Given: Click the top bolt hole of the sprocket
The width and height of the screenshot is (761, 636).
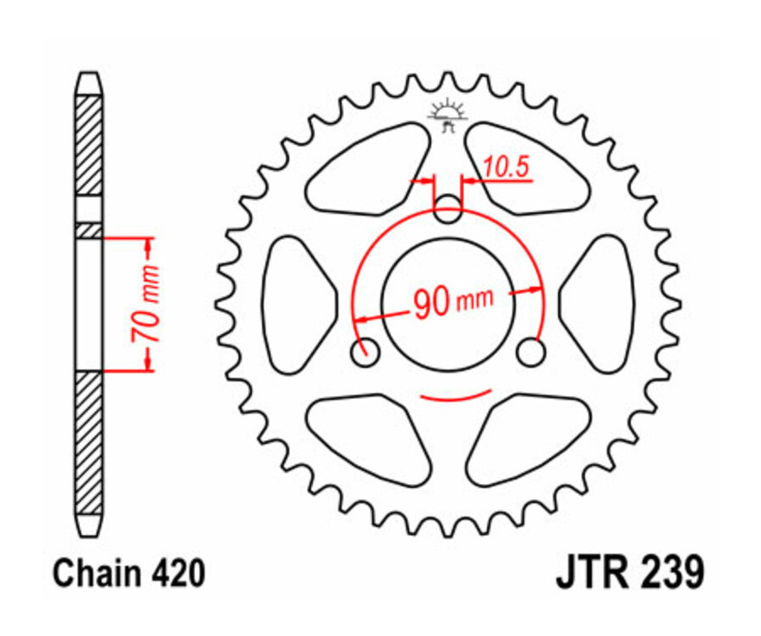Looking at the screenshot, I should click(448, 210).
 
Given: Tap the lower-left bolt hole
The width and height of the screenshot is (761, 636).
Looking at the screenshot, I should click(365, 353).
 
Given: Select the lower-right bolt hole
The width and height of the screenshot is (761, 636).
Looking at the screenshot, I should click(532, 353).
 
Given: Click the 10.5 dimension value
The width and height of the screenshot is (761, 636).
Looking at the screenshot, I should click(506, 167).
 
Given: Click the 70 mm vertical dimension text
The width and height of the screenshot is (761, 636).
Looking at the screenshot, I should click(145, 304).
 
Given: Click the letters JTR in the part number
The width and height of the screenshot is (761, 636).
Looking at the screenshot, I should click(589, 573).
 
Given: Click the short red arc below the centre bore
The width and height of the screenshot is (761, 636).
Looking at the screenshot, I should click(455, 396).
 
